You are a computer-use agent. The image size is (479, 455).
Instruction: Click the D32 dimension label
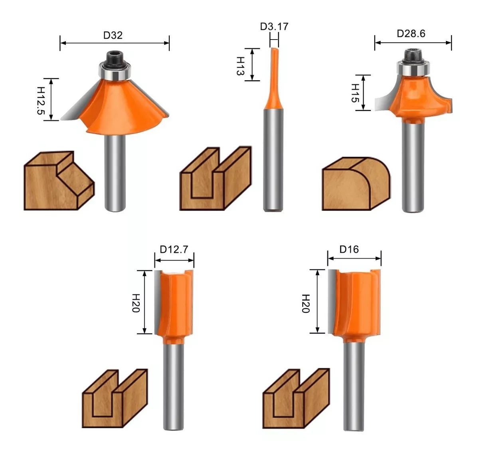[x=113, y=35]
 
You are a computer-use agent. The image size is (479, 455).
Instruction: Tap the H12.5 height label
[x=41, y=100]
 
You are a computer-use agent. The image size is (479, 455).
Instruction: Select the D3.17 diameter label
[x=274, y=26]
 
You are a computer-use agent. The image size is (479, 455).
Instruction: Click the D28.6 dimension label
[x=411, y=34]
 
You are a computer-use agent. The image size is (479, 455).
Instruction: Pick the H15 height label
[x=355, y=93]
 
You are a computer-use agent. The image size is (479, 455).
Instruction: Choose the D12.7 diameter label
[x=174, y=249]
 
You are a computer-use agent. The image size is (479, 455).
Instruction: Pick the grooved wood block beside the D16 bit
[x=295, y=399]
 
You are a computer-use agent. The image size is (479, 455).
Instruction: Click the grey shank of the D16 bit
[x=354, y=387]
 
